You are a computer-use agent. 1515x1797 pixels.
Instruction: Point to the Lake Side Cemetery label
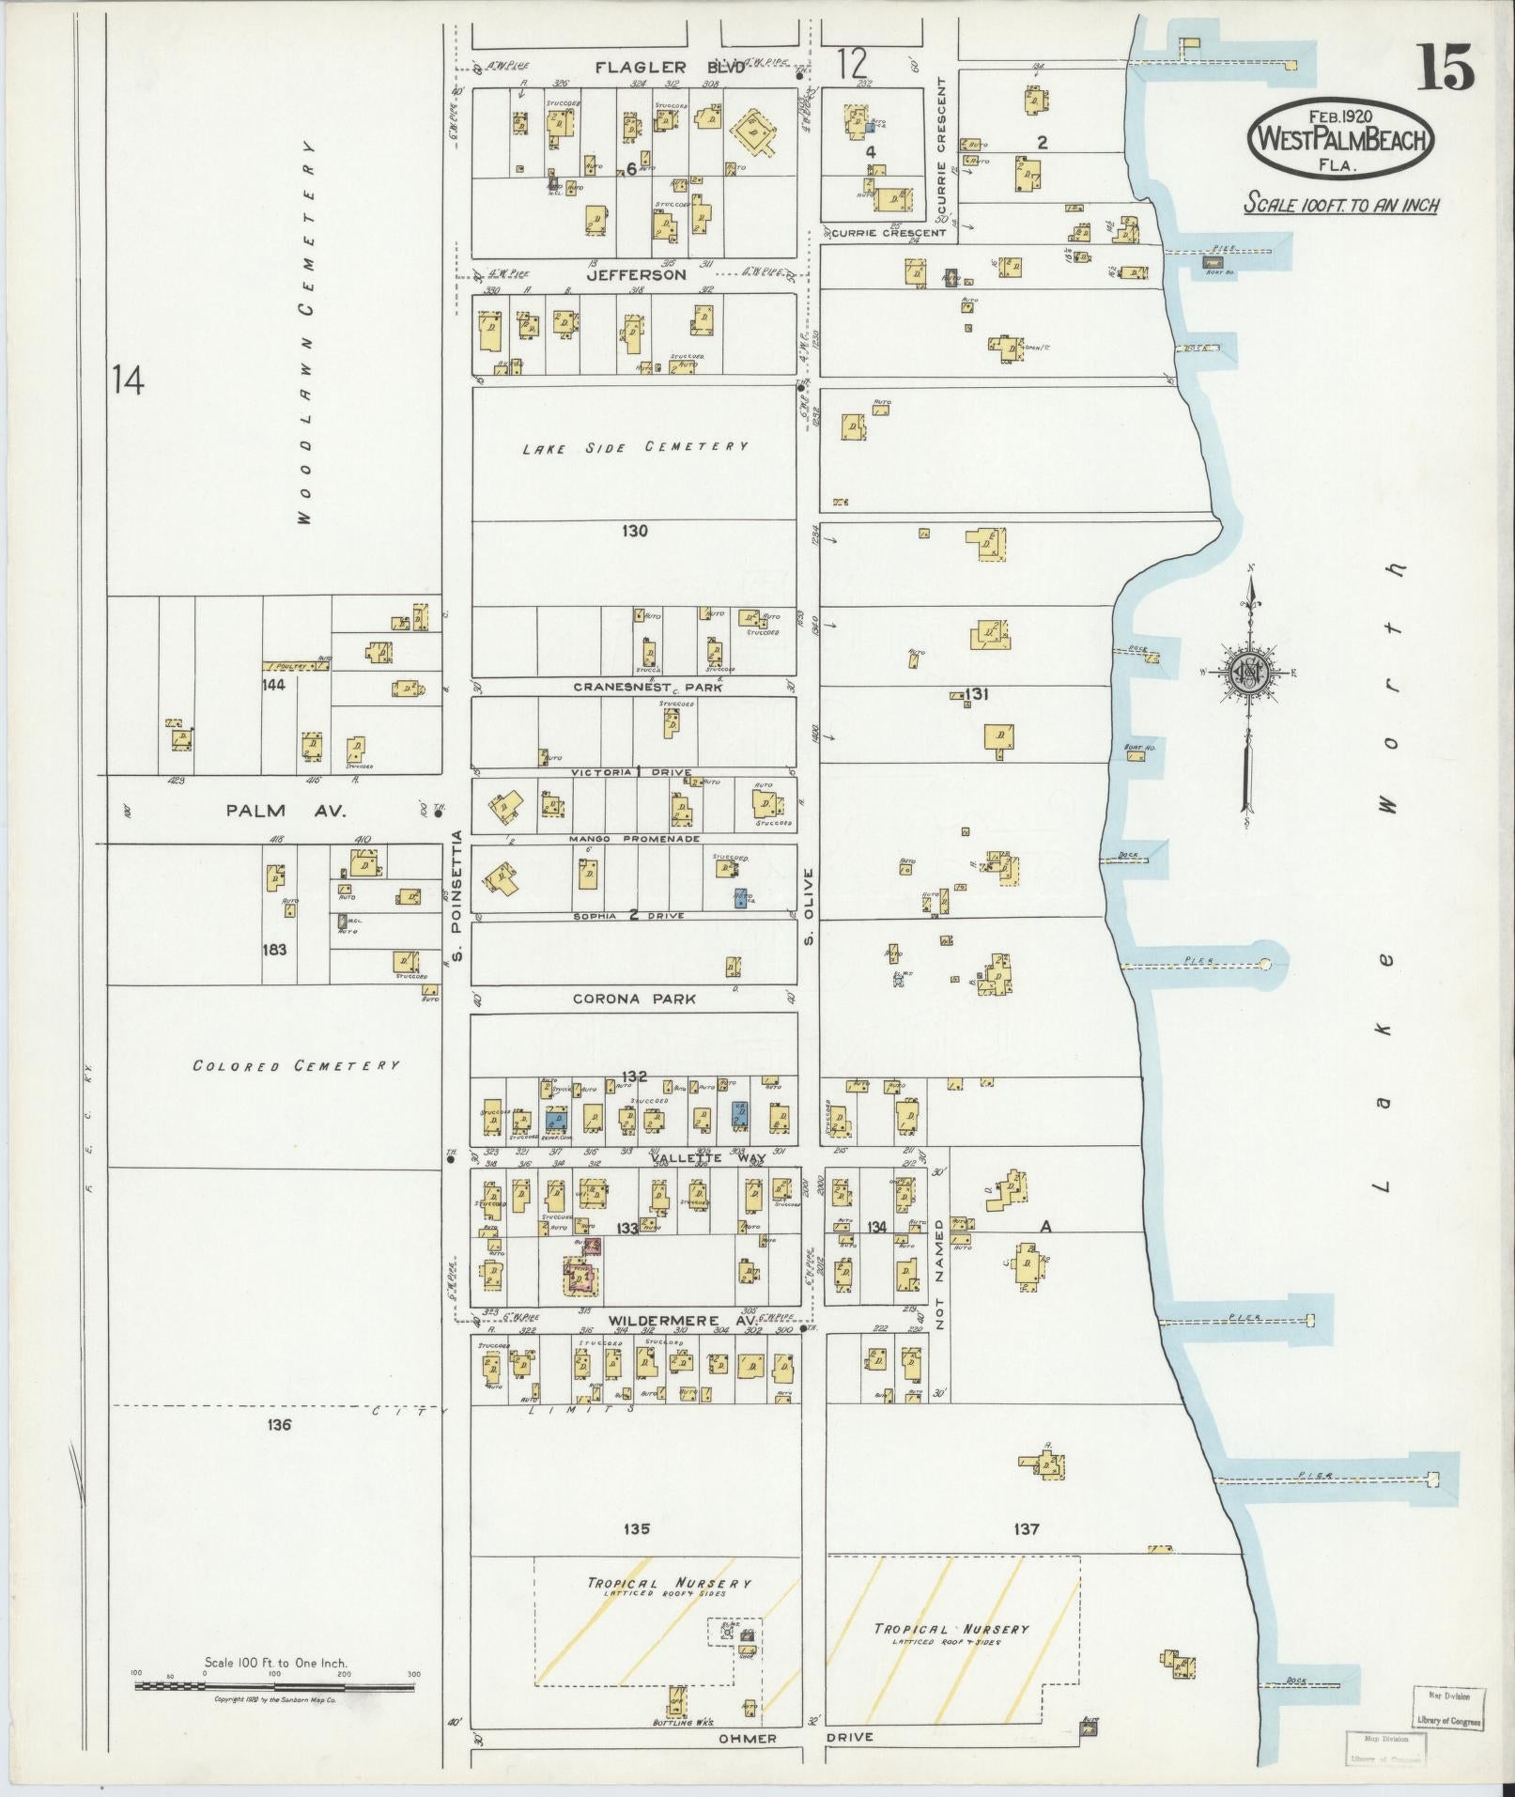click(636, 447)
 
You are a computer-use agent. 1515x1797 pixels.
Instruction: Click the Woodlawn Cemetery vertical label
click(308, 333)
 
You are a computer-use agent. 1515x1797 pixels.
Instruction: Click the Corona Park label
click(635, 999)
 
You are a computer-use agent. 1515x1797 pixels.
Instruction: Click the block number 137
click(1027, 1529)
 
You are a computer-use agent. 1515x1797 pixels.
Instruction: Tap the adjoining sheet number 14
click(128, 380)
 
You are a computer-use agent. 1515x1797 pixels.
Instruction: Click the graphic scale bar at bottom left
click(274, 1687)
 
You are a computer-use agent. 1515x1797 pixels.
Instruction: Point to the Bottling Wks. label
click(684, 1722)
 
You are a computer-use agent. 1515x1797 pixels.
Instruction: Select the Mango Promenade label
click(634, 838)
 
